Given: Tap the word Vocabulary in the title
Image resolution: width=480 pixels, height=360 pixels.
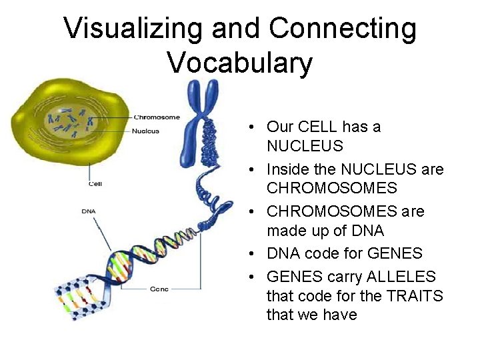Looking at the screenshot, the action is pos(239,63).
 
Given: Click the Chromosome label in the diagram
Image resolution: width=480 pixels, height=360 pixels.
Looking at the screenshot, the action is pos(157,117).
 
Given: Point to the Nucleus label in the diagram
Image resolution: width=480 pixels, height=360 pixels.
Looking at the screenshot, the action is pos(146,131).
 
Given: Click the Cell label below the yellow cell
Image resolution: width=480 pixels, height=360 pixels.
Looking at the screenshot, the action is pos(95,184).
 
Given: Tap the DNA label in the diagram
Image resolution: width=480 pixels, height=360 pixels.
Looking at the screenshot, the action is pos(89,211).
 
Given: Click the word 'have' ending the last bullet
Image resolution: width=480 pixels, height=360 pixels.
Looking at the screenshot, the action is pos(339,315).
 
